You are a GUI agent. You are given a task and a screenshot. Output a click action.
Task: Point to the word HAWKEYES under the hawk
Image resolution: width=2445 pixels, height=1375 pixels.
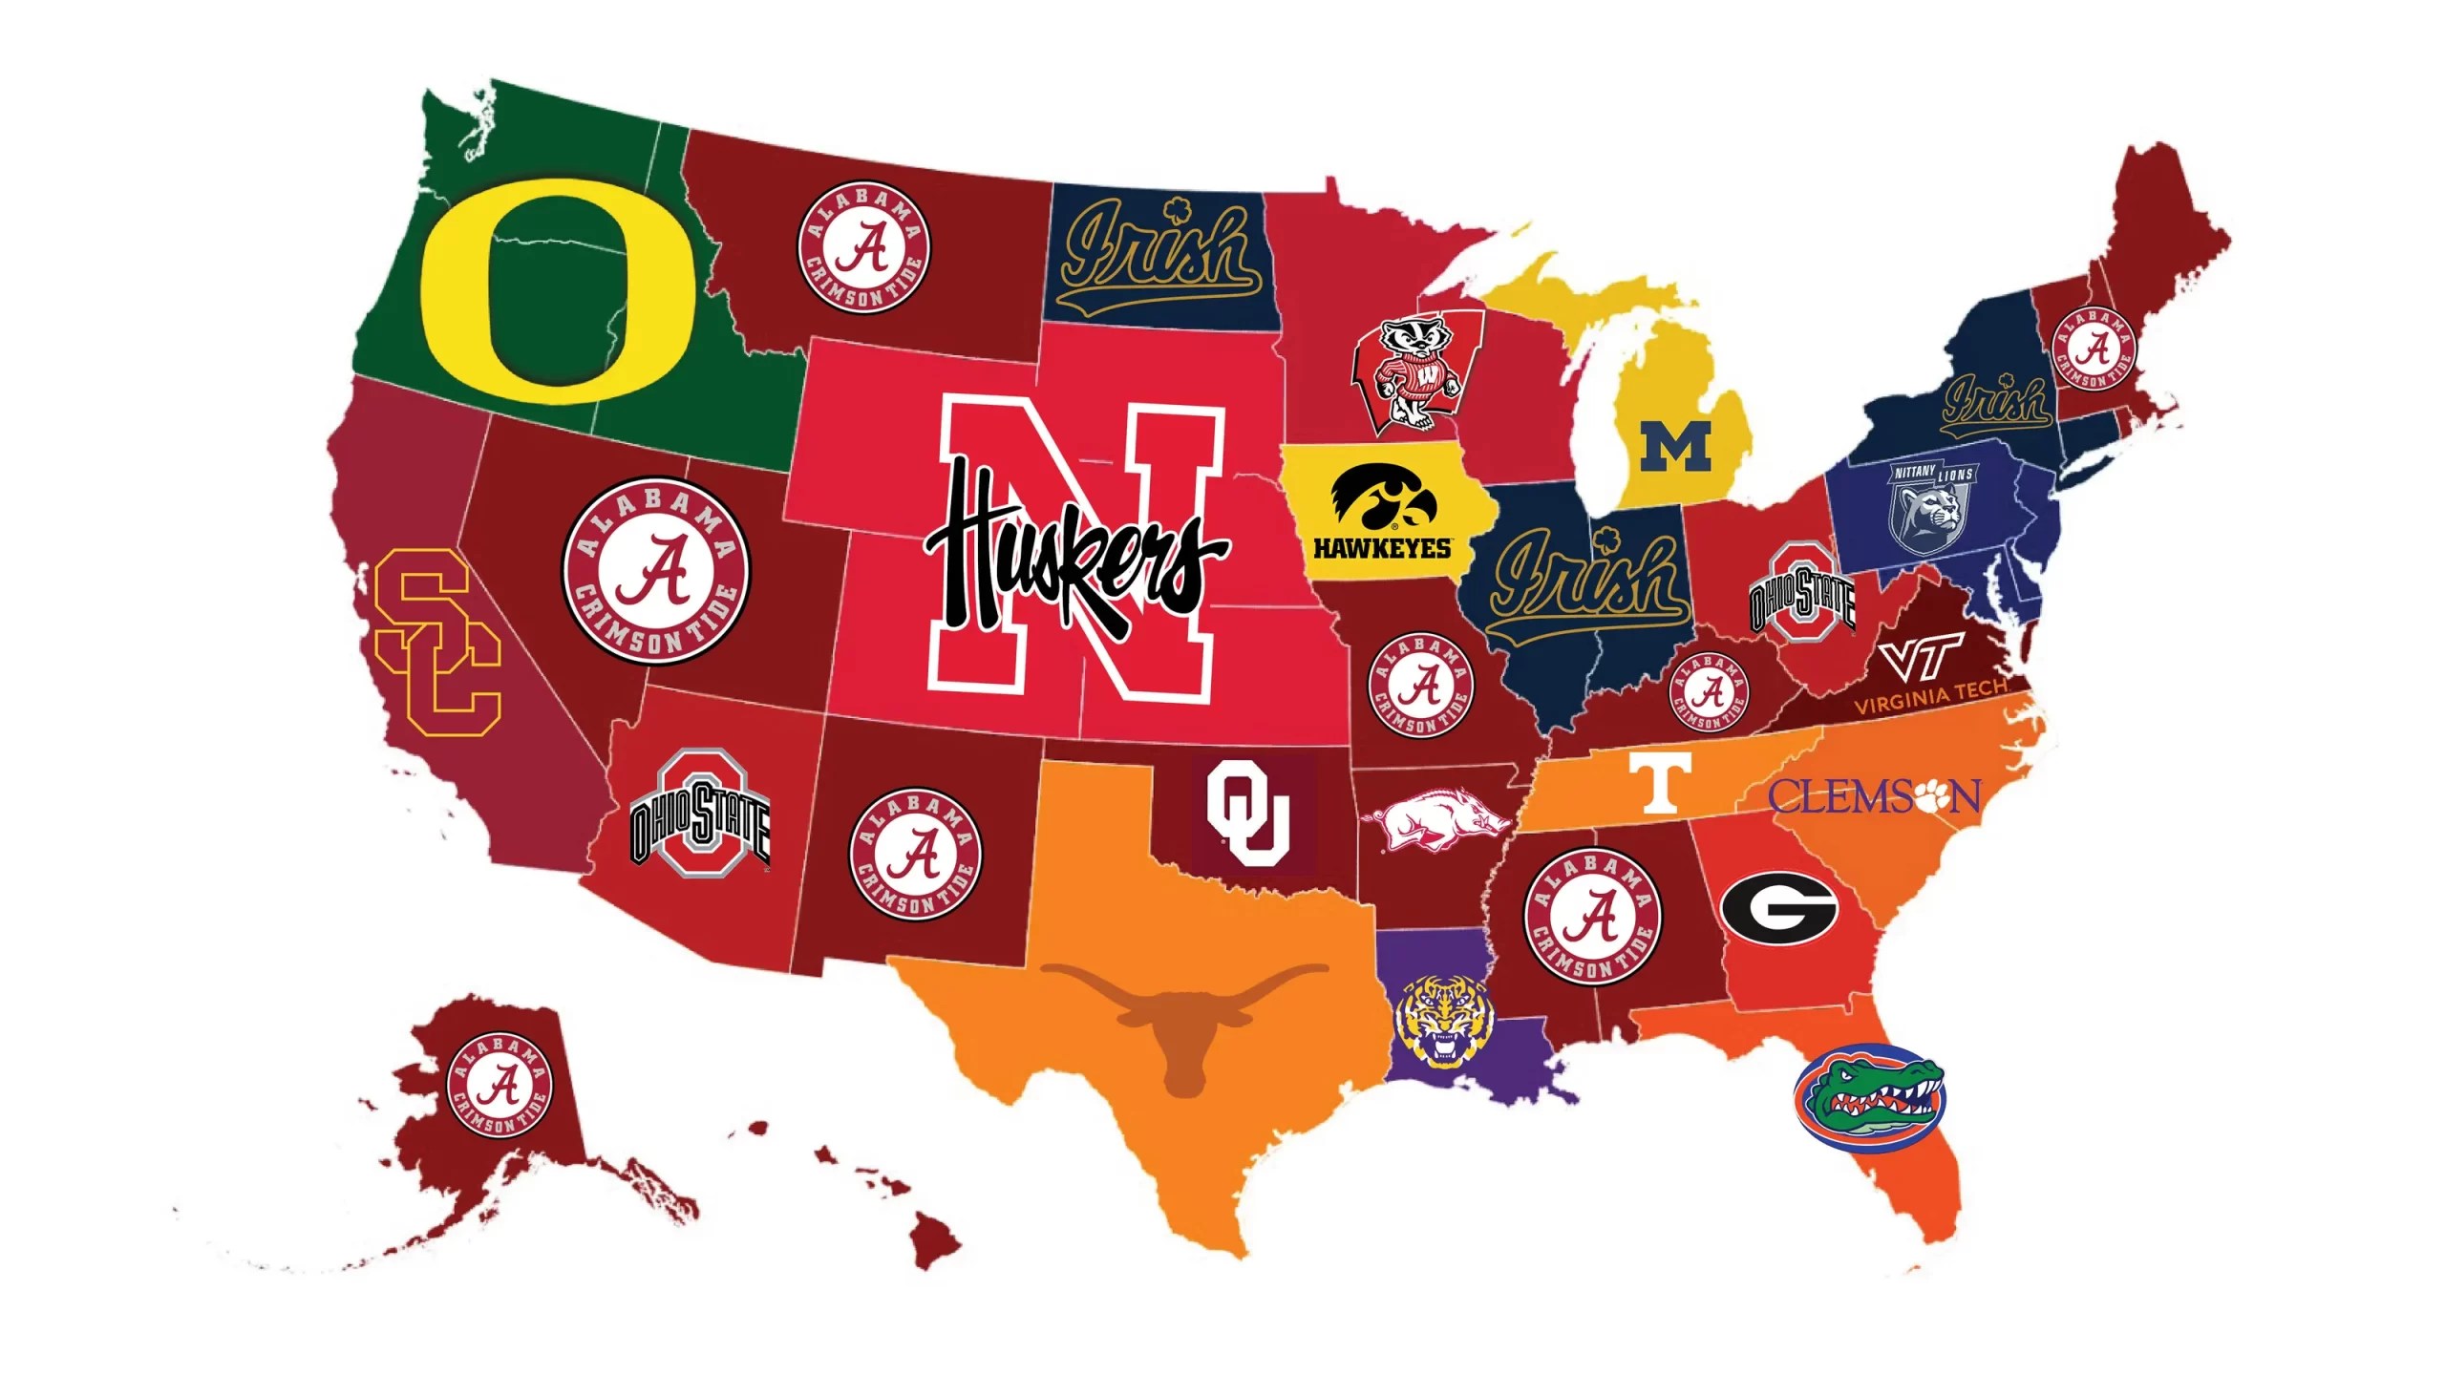click(1381, 548)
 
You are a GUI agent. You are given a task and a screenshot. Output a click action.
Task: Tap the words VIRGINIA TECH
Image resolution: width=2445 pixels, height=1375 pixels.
click(1929, 697)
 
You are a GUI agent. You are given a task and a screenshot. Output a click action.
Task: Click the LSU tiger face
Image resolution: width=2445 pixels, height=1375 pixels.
click(1442, 1020)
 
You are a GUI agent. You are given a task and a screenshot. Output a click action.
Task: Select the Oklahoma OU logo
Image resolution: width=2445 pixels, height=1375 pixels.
click(1247, 813)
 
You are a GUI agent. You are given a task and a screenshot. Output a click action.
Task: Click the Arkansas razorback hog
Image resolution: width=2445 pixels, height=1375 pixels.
click(1440, 818)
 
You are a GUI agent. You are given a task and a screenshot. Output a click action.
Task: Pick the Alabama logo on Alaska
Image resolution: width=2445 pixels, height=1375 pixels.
click(499, 1084)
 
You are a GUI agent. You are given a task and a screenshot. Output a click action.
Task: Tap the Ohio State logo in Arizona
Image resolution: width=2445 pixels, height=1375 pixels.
click(700, 814)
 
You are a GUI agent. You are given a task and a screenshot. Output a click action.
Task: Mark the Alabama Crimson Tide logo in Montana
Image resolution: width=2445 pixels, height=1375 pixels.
click(864, 247)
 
